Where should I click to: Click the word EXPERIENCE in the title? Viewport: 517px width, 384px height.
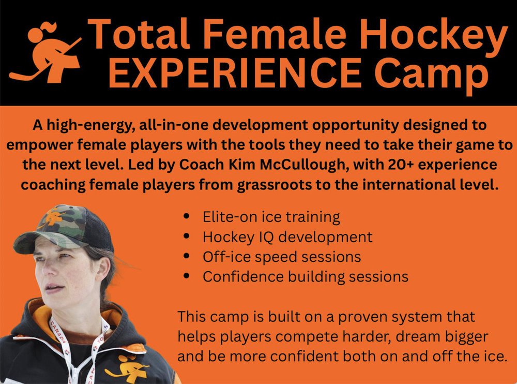pos(235,72)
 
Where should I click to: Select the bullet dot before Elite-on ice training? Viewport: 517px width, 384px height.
pos(186,216)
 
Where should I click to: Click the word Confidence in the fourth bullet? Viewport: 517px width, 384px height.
pos(243,277)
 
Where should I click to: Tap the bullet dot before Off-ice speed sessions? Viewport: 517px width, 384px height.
pos(186,256)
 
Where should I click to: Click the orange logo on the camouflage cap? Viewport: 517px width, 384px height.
pos(53,217)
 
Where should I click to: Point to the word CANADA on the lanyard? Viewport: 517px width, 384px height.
pos(59,330)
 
